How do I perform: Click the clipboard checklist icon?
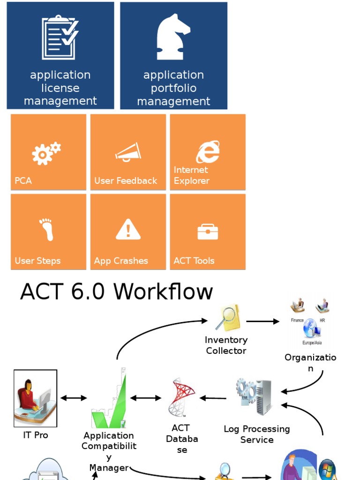(60, 37)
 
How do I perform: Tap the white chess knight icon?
(173, 37)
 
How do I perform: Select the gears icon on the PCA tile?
(46, 153)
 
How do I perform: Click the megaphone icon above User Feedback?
(128, 152)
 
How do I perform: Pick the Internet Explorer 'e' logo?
(208, 151)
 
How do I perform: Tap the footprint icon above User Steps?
(46, 230)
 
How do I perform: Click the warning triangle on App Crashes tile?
(128, 229)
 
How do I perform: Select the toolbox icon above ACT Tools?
(208, 232)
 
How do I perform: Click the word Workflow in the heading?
(163, 291)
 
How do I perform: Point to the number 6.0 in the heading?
(88, 291)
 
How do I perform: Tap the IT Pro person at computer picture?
(36, 398)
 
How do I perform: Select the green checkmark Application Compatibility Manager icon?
(109, 398)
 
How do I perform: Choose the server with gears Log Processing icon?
(254, 397)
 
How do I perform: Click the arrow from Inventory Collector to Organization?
(262, 322)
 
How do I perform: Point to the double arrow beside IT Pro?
(74, 398)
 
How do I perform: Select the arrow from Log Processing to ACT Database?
(213, 398)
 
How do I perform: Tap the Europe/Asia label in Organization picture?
(312, 343)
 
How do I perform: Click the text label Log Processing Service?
(257, 435)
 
